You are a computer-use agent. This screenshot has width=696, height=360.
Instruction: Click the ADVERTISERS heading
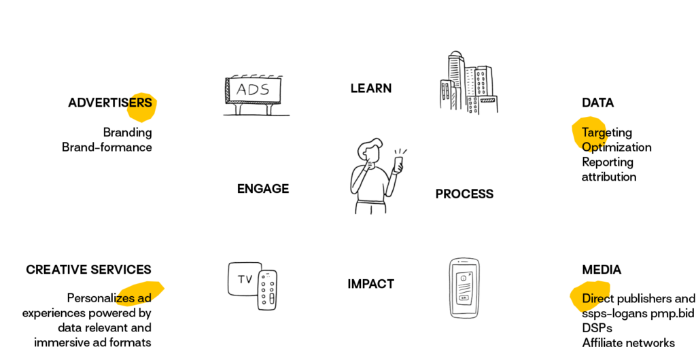tap(110, 103)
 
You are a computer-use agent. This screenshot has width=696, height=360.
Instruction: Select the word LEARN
tap(371, 88)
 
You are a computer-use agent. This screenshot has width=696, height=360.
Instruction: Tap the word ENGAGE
tap(263, 189)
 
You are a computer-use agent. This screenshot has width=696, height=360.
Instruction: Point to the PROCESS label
tap(464, 194)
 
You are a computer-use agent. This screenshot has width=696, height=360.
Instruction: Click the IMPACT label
tap(370, 284)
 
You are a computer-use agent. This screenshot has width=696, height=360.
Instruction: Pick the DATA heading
tap(598, 103)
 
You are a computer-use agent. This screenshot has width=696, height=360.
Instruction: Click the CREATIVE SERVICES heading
tap(89, 270)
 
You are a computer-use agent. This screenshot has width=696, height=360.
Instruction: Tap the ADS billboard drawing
tap(256, 95)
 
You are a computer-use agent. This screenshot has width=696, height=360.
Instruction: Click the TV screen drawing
tap(243, 279)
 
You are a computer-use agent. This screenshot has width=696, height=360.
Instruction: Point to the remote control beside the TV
tap(268, 290)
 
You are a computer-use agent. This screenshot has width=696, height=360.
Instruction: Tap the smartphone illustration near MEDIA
tap(464, 288)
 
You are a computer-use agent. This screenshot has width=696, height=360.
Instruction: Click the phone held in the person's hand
tap(398, 164)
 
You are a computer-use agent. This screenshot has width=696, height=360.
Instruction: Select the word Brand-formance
tap(107, 147)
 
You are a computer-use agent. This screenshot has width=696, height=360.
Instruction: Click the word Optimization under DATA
tap(616, 147)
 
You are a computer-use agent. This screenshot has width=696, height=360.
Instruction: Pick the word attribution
tap(609, 177)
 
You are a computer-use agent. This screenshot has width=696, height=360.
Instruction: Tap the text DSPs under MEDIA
tap(597, 328)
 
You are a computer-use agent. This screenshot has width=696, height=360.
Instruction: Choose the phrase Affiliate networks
tap(629, 343)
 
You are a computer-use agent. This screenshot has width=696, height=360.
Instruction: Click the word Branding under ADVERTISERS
tap(127, 132)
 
